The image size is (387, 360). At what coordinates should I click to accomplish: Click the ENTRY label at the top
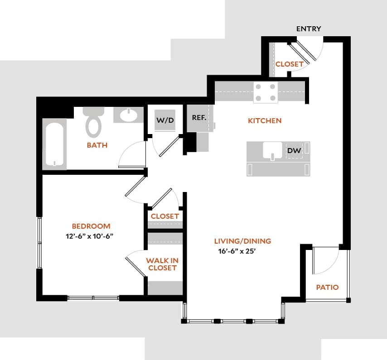tap(309, 29)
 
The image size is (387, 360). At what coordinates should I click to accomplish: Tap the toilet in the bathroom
tap(94, 123)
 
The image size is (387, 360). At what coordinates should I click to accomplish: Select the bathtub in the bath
tap(54, 144)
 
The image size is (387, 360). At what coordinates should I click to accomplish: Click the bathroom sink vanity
tap(128, 115)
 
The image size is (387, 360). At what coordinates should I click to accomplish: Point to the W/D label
tap(165, 120)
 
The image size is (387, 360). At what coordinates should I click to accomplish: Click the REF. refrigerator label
tap(199, 118)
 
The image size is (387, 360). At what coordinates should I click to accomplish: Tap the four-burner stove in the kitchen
tap(265, 92)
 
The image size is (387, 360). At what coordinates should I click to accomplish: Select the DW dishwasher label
tap(295, 150)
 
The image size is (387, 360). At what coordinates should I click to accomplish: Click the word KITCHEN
tap(265, 120)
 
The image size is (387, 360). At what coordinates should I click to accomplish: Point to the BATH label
tap(97, 145)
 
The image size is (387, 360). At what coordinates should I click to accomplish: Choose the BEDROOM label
tap(91, 226)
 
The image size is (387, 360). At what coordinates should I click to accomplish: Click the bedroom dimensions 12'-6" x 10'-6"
tap(92, 236)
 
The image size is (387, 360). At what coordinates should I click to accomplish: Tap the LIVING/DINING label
tap(243, 241)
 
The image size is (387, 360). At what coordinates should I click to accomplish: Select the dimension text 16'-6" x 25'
tap(240, 252)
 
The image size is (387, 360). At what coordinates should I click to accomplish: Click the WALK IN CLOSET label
tap(161, 264)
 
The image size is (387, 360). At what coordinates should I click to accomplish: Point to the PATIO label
tap(327, 287)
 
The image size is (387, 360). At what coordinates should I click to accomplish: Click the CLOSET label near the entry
tap(290, 64)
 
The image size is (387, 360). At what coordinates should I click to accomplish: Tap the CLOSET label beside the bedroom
tap(165, 216)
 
